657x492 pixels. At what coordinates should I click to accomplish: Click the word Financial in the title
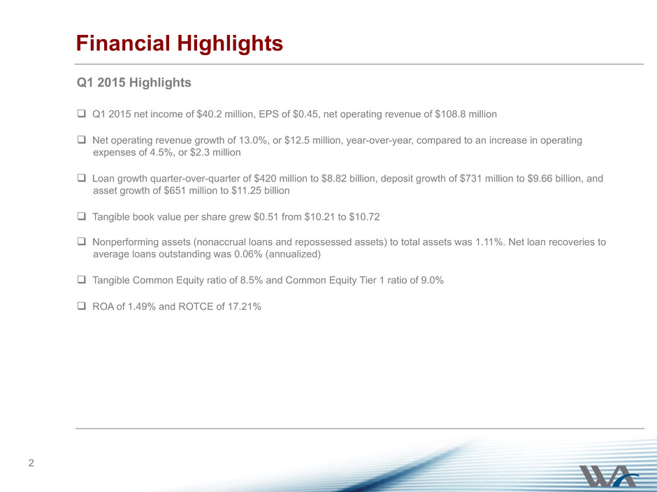(x=123, y=43)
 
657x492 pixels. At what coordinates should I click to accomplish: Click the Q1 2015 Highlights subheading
(x=133, y=82)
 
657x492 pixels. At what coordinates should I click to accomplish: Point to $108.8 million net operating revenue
(x=466, y=114)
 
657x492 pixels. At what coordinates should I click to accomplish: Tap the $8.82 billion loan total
(x=349, y=179)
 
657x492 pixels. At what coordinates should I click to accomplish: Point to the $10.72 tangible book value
(x=364, y=217)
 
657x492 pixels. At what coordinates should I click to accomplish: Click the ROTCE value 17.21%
(x=245, y=306)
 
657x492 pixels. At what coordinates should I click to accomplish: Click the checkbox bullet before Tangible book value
(x=81, y=216)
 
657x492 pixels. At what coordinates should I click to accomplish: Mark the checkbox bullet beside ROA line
(x=81, y=306)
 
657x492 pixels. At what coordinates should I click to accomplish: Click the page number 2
(x=31, y=463)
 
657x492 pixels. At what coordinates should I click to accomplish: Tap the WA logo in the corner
(x=609, y=476)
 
